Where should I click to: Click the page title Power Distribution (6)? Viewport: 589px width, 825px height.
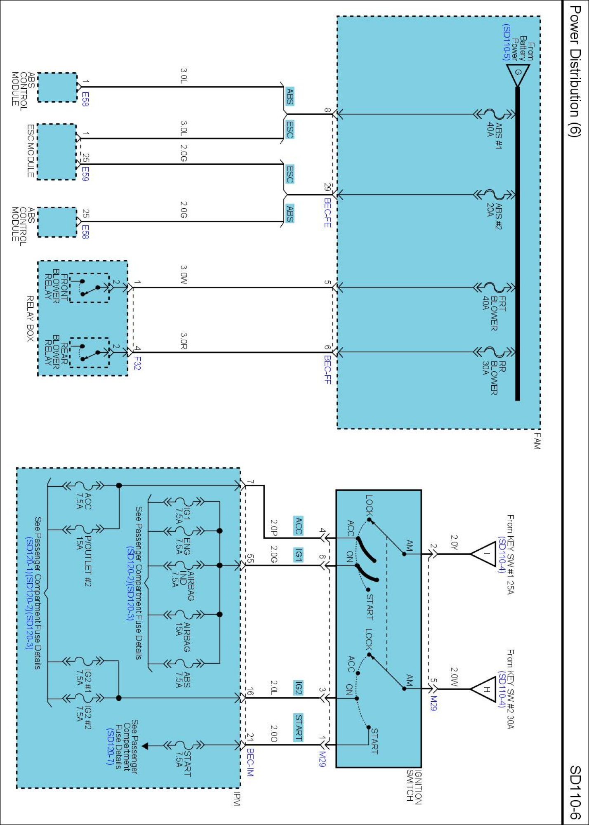tap(575, 71)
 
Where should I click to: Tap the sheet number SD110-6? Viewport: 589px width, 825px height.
tap(575, 792)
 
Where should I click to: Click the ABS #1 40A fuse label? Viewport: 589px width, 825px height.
tap(495, 135)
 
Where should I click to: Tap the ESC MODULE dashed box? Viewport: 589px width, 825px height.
tap(57, 151)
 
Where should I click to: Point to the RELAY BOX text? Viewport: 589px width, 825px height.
tap(30, 318)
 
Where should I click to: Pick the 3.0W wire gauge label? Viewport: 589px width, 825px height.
tap(184, 274)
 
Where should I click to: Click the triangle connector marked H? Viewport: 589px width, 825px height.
tap(483, 689)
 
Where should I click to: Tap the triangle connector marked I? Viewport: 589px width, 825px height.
tap(483, 554)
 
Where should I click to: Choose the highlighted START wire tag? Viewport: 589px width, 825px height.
tap(298, 727)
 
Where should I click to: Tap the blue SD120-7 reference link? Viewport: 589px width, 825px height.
tap(110, 746)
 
